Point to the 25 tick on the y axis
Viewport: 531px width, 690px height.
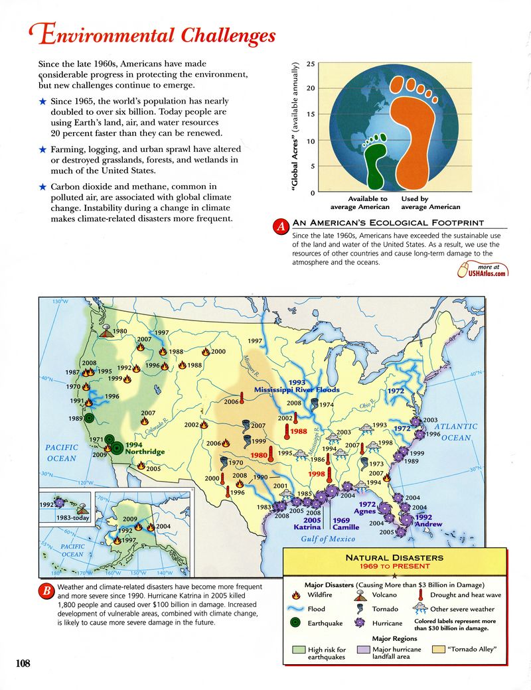(311, 64)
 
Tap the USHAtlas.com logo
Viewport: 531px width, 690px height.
(484, 269)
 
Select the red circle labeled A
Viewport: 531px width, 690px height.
(281, 227)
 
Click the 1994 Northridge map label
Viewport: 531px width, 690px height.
(145, 448)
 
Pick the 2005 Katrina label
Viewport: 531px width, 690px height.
(307, 523)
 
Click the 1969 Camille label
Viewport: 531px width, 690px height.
(346, 523)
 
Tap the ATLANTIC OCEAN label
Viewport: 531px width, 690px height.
(455, 432)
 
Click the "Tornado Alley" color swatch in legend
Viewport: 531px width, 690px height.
(438, 650)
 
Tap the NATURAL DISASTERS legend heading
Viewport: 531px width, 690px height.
(394, 558)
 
